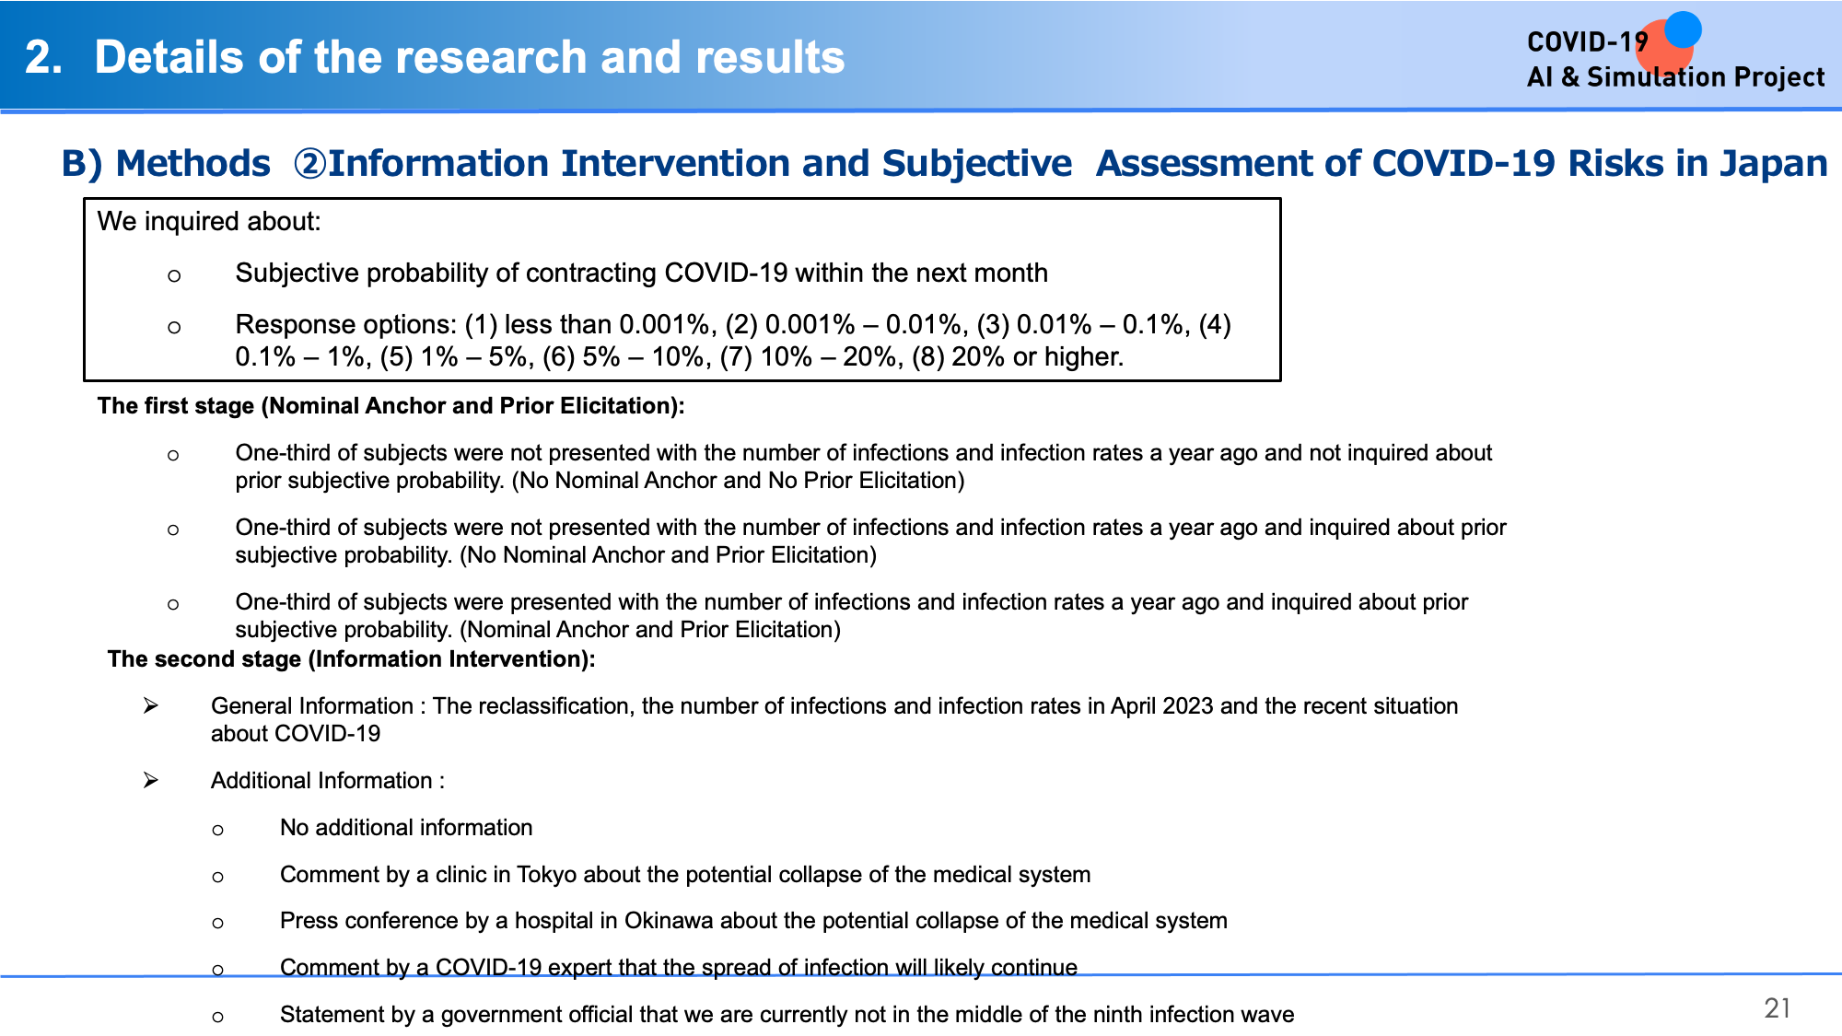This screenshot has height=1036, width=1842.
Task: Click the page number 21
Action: [x=1777, y=1008]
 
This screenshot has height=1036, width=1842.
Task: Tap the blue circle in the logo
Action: [x=1683, y=29]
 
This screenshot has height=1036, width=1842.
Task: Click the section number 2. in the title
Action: [x=44, y=57]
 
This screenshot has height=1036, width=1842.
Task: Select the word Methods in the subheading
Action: [x=193, y=164]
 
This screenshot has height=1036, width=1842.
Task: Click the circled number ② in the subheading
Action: [x=309, y=164]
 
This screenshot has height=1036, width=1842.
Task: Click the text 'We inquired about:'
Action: [x=209, y=222]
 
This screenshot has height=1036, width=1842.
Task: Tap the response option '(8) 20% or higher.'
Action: [x=1018, y=357]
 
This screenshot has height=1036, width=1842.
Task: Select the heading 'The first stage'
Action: [x=176, y=406]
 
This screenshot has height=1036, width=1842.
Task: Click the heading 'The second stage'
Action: [x=204, y=659]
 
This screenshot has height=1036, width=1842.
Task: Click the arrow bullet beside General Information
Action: [x=151, y=706]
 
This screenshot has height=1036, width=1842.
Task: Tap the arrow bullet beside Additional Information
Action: [x=151, y=781]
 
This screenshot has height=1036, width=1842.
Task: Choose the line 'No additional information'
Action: [x=406, y=828]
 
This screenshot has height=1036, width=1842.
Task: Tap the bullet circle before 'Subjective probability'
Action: [x=174, y=275]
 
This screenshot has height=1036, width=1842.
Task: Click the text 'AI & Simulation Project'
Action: [x=1675, y=77]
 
